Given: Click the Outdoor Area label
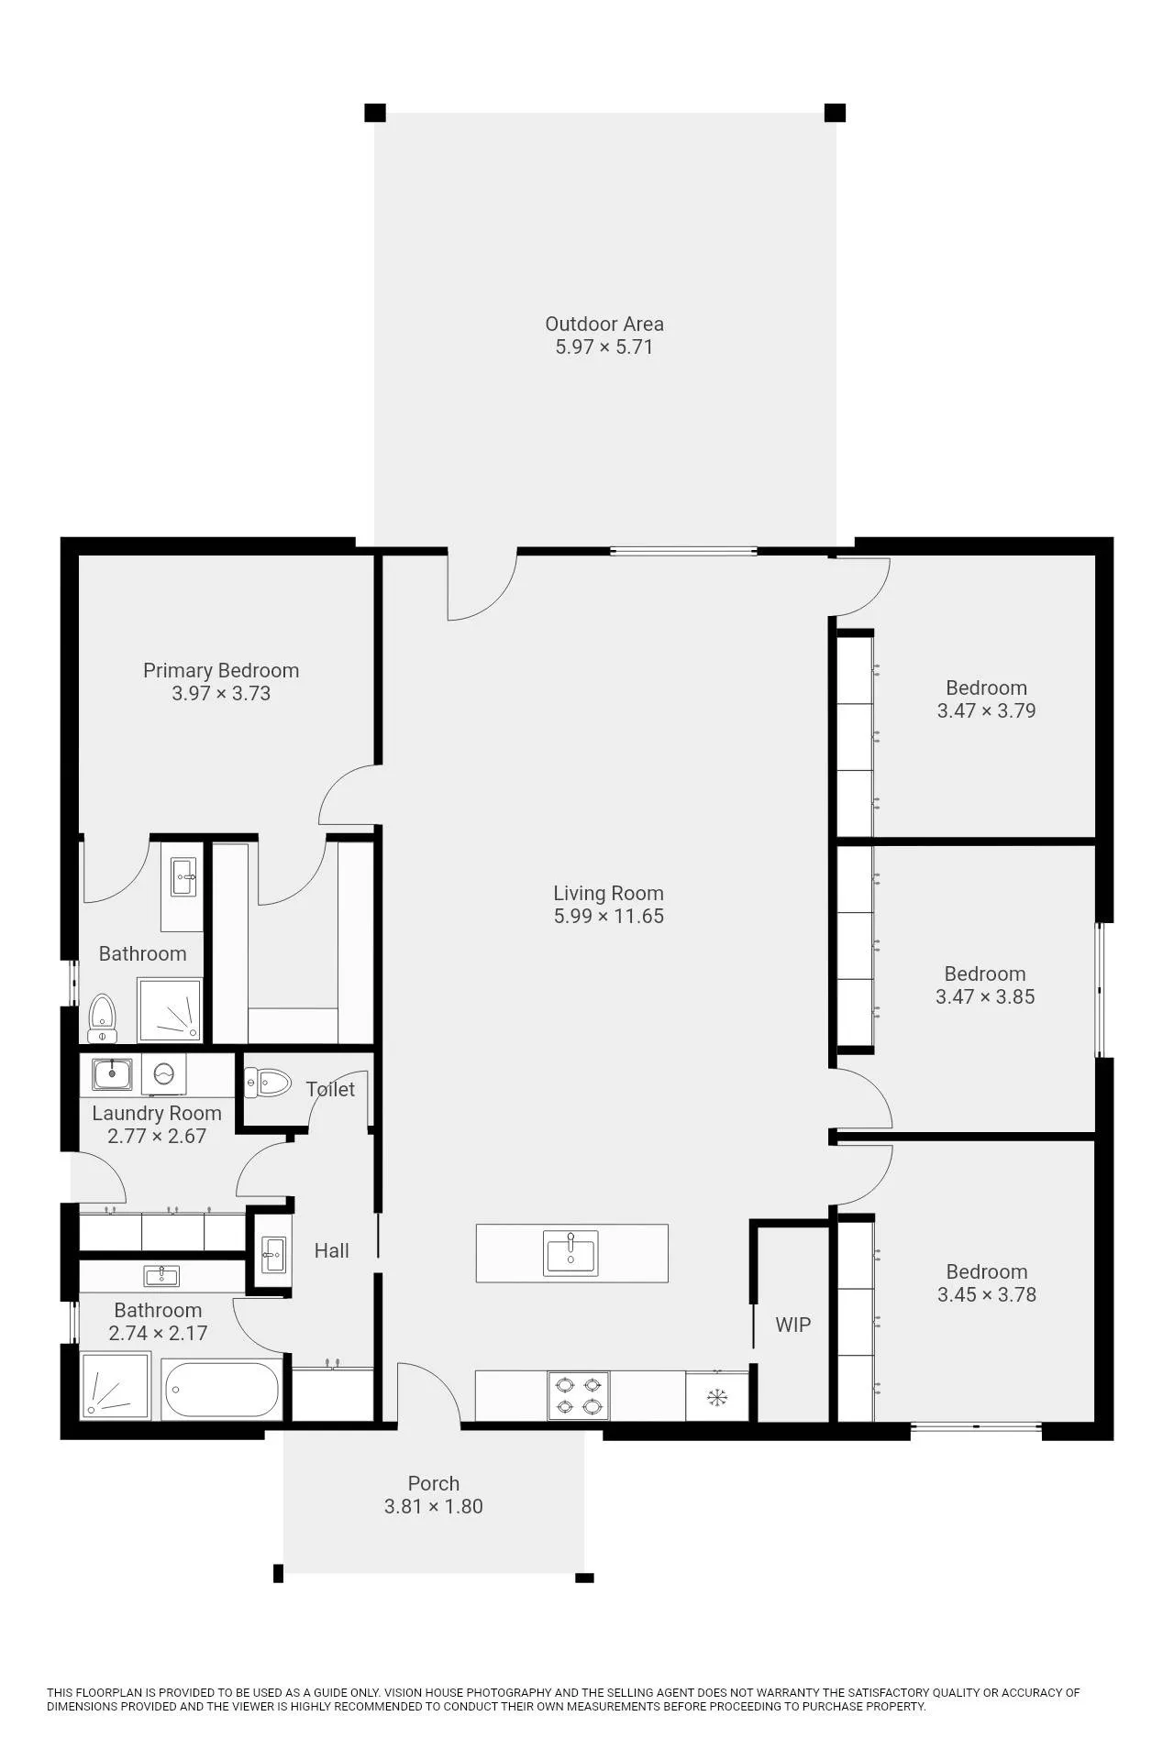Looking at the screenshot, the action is point(604,324).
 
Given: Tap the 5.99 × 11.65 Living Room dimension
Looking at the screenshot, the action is point(609,916).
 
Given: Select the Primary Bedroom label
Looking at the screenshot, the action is point(221,671).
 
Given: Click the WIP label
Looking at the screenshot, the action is point(793,1325).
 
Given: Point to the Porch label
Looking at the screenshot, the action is point(434,1483).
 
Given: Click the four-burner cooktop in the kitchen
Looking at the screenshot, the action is point(579,1395).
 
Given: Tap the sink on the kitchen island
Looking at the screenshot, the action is point(570,1253).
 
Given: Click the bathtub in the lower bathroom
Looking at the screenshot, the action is point(222,1390).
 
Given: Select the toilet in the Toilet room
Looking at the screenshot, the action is point(268,1083).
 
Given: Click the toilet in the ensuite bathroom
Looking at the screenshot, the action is point(103,1018).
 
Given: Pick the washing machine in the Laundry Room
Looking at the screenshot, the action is point(164,1073).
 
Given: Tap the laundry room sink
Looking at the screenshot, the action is point(112,1073).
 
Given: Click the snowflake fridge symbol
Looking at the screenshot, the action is point(717,1397).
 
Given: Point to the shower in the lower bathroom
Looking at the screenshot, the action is point(115,1387).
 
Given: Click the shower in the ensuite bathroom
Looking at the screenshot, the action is point(170,1010).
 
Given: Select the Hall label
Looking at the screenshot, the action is point(331,1250).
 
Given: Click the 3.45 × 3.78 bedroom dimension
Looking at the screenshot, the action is point(987,1294).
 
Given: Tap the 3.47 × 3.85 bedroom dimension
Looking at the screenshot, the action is point(985,996).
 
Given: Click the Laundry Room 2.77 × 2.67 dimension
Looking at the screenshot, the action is point(157,1136).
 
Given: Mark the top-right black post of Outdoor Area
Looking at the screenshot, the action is point(835,113).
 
